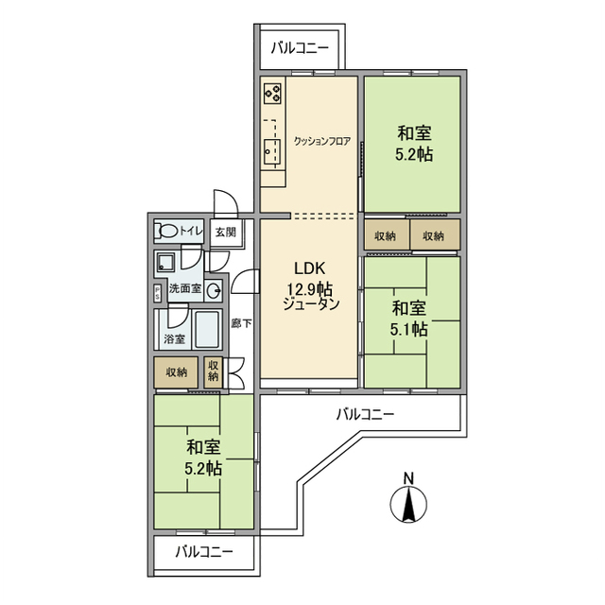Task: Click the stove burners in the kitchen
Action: click(x=272, y=94)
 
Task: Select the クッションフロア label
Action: click(x=321, y=142)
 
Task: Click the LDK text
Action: click(x=310, y=267)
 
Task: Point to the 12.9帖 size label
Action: click(x=310, y=287)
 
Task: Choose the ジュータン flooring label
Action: click(x=310, y=305)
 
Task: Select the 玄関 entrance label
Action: click(x=224, y=231)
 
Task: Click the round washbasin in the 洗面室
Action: click(x=214, y=289)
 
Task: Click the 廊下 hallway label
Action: click(x=241, y=323)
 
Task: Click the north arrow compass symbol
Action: click(x=407, y=507)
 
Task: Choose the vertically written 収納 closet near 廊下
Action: click(x=214, y=370)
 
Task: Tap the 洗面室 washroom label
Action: click(x=184, y=289)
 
